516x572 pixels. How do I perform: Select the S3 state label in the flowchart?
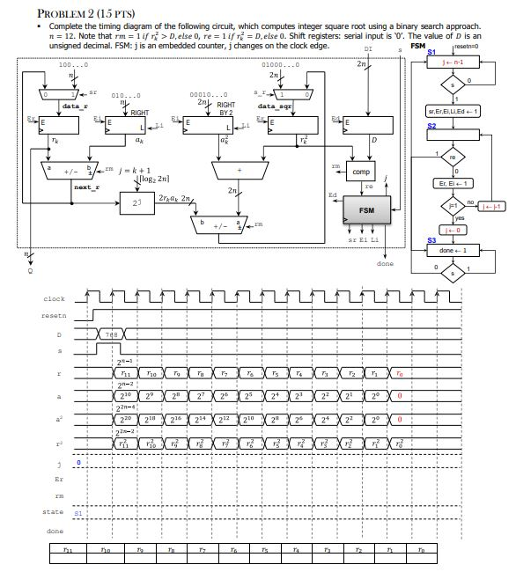[x=431, y=238]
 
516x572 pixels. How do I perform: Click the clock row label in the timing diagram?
[x=54, y=298]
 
